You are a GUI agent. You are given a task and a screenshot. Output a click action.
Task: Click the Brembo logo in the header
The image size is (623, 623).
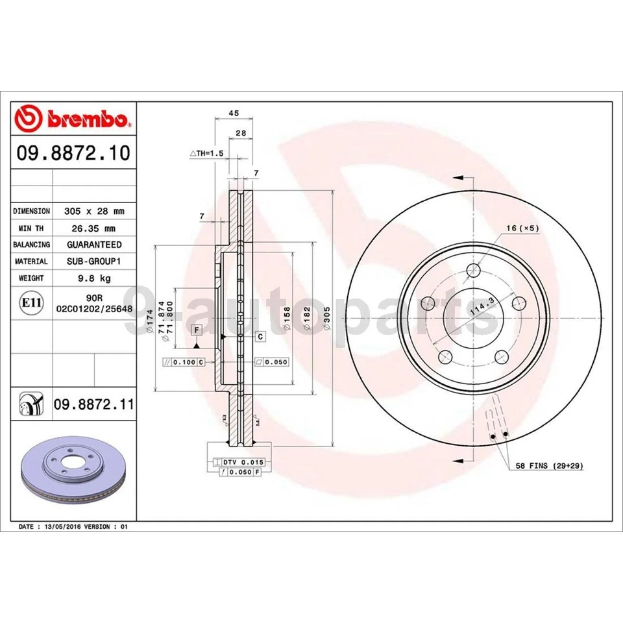(x=73, y=119)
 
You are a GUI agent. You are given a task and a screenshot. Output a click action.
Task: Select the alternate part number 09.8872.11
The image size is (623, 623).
(x=93, y=405)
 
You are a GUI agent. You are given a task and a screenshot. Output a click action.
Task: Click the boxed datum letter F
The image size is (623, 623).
(x=195, y=330)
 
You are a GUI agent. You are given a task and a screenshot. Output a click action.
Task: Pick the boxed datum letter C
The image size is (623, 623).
(x=260, y=336)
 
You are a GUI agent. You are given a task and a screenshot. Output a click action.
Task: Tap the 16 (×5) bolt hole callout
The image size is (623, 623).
(x=523, y=228)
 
